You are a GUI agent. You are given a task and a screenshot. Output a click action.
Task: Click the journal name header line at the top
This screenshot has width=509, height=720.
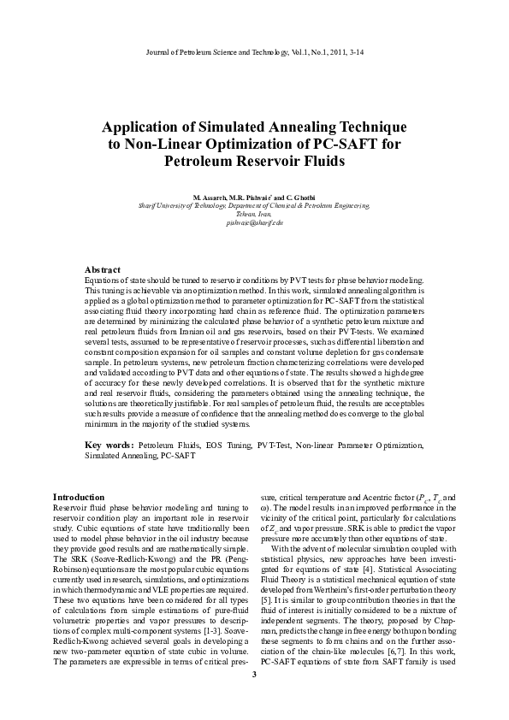coord(254,53)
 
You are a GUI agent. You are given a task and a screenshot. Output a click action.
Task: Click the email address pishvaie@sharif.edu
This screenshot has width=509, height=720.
coord(254,221)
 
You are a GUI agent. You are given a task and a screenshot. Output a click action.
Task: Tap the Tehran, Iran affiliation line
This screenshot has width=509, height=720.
coord(254,213)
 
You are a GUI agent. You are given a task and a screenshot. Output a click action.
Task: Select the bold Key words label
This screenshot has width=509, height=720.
coord(109,446)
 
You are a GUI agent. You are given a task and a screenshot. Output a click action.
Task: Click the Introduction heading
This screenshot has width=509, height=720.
coord(79,497)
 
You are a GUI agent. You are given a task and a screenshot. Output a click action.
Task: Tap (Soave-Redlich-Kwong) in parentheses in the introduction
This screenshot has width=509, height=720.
coord(126,558)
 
